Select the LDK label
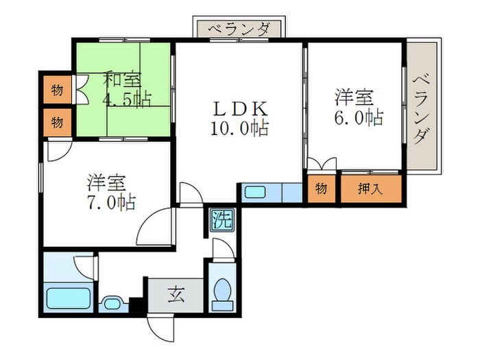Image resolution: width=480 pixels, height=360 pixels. click(x=238, y=109)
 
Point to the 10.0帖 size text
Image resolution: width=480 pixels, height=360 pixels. click(x=240, y=128)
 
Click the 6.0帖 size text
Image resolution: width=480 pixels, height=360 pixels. click(x=359, y=117)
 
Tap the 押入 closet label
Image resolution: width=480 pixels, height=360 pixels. click(x=371, y=189)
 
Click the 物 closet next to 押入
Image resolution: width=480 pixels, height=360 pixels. click(x=321, y=189)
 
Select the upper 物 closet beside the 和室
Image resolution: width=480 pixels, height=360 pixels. click(x=58, y=89)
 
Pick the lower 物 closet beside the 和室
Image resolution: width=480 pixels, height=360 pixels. click(x=58, y=122)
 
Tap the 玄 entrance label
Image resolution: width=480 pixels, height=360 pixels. click(x=176, y=296)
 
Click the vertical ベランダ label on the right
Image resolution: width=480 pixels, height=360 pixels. click(x=422, y=108)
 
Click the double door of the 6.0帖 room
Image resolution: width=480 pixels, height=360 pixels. click(x=322, y=165)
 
